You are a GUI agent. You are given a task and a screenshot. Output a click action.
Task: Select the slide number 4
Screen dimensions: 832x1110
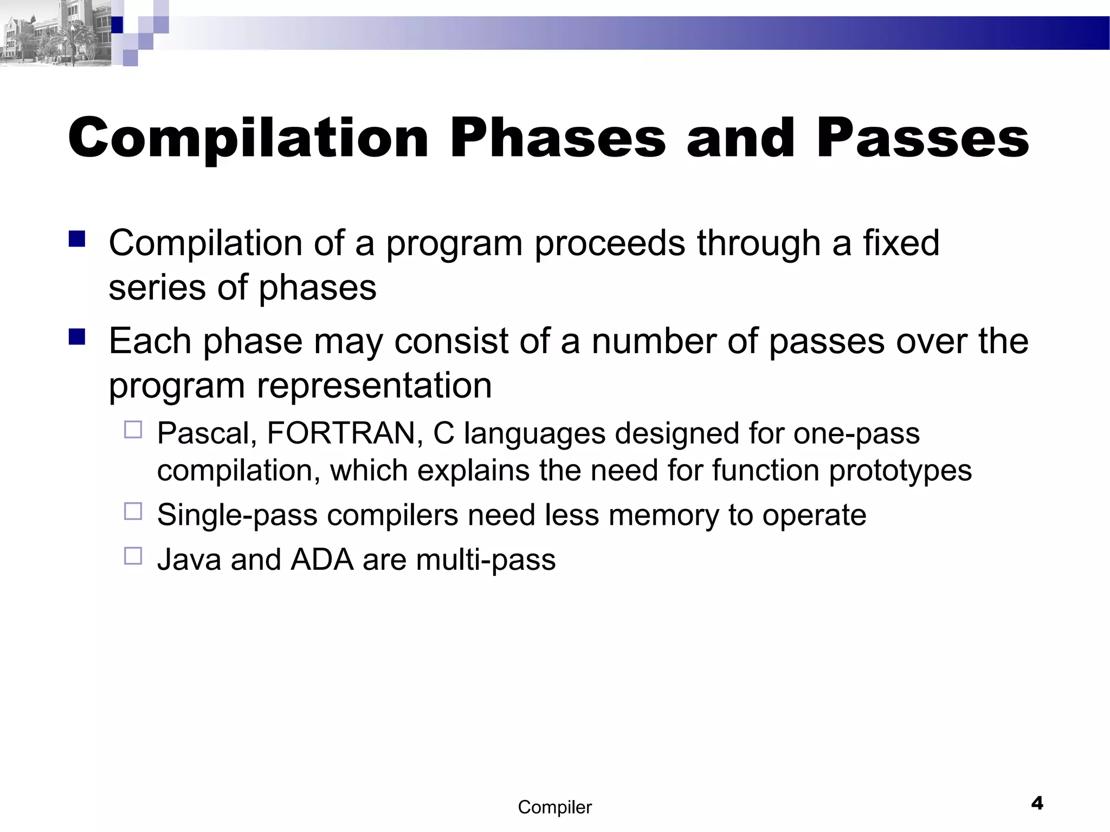1037,803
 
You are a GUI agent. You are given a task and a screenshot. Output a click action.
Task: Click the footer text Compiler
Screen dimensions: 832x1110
554,807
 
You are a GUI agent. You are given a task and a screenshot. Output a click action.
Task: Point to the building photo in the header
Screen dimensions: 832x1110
54,34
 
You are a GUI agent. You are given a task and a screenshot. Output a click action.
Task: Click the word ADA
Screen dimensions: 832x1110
322,560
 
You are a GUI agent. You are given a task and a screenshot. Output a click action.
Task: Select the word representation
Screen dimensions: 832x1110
374,386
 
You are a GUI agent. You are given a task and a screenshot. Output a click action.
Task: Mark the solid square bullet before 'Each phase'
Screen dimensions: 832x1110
78,337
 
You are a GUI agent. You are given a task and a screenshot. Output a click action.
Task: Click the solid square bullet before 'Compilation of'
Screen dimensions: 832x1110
78,239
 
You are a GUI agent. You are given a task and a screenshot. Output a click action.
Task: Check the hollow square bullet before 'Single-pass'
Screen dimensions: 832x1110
133,511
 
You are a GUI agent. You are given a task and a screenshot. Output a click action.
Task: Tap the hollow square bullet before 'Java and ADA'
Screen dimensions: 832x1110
133,556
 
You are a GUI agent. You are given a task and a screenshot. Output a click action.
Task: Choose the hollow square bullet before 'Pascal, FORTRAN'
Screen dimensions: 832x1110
133,430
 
